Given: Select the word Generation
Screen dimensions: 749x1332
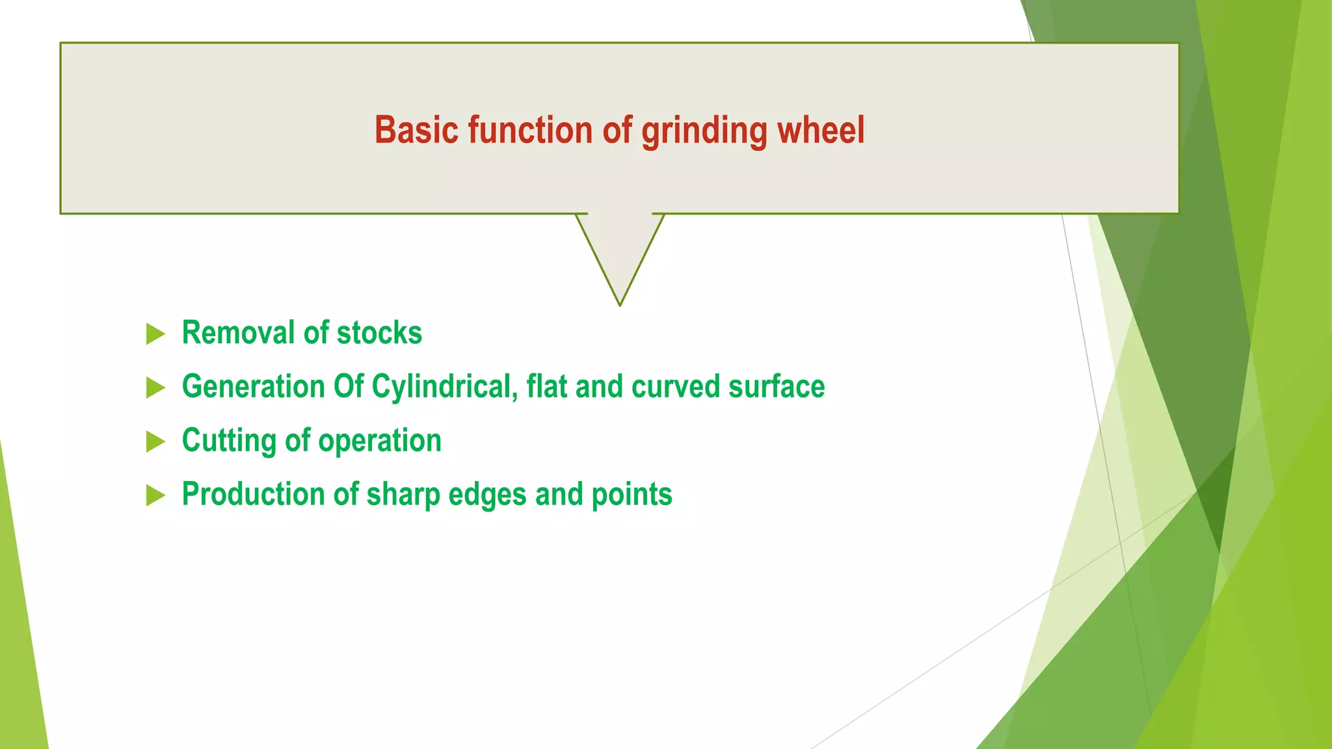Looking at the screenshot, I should click(253, 387).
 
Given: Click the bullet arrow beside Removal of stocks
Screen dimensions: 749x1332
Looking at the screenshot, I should click(155, 334).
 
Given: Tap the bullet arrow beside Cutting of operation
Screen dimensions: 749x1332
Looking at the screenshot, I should click(155, 442).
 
